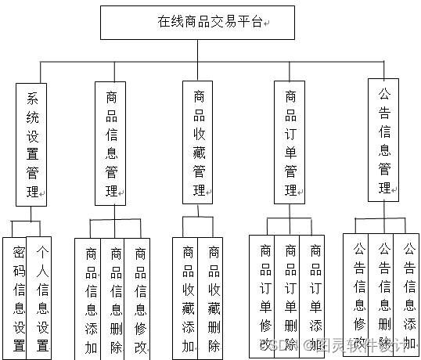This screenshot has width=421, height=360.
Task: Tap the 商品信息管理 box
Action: [113, 143]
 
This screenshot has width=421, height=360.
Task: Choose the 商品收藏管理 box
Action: [200, 143]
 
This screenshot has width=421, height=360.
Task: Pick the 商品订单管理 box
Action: [290, 143]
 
